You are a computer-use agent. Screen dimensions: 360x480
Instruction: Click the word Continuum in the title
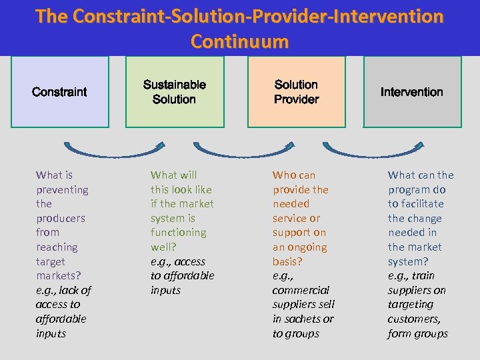coord(239,41)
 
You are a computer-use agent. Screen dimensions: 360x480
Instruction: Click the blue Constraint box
coord(60,91)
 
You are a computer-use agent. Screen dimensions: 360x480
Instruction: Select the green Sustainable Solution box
coord(175,91)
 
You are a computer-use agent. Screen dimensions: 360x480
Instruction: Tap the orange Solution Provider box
coord(297,91)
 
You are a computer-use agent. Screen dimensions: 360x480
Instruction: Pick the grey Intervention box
coord(412,91)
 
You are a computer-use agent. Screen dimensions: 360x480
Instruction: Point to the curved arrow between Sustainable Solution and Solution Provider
coord(243,153)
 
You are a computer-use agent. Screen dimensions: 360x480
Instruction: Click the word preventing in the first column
coord(62,189)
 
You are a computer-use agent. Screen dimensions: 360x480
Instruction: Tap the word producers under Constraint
coord(61,218)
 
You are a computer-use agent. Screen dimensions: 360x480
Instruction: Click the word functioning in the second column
coord(178,233)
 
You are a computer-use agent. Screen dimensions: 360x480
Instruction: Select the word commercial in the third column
coord(301,290)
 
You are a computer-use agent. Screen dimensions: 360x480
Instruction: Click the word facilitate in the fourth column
coord(415,204)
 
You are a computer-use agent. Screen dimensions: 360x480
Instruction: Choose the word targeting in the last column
coord(410,305)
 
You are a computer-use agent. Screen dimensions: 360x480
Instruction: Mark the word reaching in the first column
coord(57,247)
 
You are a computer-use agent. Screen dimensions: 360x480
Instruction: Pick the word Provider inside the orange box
coord(297,99)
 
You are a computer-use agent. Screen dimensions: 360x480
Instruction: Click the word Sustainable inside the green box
coord(175,85)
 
